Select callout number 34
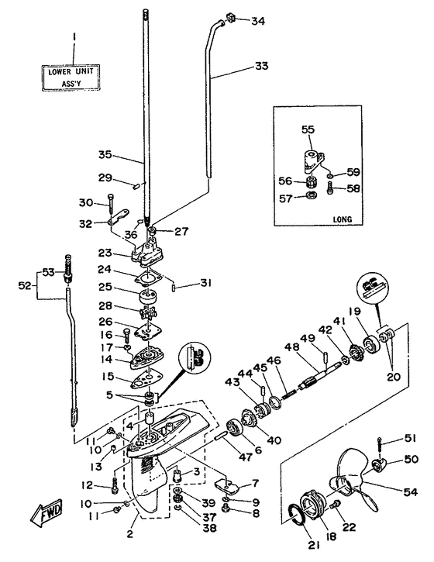tap(256, 20)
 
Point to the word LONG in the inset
tap(342, 219)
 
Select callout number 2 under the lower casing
tap(129, 535)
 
